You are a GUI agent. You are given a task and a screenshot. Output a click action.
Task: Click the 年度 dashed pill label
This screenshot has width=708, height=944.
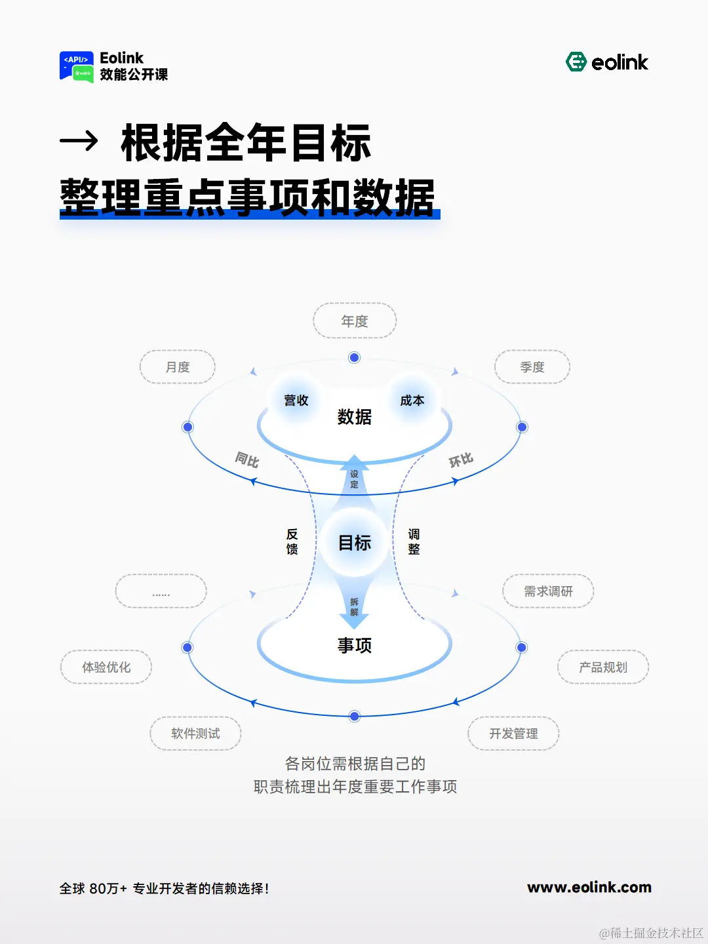point(355,321)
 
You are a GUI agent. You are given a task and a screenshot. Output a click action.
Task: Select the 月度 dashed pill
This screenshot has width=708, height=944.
point(178,367)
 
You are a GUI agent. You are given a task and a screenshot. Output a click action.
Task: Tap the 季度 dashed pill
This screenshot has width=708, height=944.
point(532,367)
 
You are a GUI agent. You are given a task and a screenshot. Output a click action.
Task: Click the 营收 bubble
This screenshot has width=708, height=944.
point(296,400)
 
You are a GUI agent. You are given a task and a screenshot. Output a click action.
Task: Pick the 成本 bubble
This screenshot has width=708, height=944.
point(412,400)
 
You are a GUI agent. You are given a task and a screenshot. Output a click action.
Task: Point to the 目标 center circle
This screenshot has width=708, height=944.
point(355,543)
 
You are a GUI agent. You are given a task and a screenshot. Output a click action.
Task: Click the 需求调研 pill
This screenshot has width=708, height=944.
point(548,591)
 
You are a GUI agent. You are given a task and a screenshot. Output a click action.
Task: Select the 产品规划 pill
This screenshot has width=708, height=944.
point(603,667)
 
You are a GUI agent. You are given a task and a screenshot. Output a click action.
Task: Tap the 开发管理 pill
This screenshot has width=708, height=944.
point(513,734)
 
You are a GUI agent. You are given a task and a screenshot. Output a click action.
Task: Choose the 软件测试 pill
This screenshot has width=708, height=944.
point(195,734)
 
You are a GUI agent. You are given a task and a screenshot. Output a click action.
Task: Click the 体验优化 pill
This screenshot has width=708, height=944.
point(106,667)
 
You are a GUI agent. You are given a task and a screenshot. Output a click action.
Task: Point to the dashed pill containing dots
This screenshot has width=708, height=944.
point(161,591)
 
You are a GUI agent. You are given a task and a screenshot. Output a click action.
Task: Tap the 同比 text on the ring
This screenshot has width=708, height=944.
point(247,460)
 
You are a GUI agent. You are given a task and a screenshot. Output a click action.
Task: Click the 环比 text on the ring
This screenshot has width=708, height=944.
point(461,460)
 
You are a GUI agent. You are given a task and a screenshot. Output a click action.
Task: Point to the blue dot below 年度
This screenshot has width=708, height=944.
point(355,357)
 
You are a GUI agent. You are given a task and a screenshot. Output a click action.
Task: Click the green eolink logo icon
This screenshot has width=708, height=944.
point(576,62)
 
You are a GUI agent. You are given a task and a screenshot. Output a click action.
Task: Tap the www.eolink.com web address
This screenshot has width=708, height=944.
point(589,888)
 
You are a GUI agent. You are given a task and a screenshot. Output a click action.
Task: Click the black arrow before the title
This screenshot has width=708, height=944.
point(79,140)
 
